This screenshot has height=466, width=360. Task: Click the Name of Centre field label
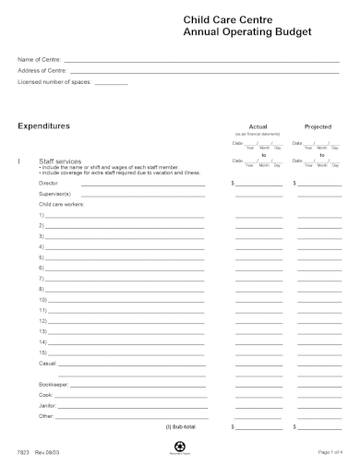tap(34, 59)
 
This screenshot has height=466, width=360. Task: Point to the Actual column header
tap(258, 126)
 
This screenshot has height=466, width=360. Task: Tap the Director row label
tap(48, 183)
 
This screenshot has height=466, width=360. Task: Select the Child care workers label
tap(61, 204)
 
